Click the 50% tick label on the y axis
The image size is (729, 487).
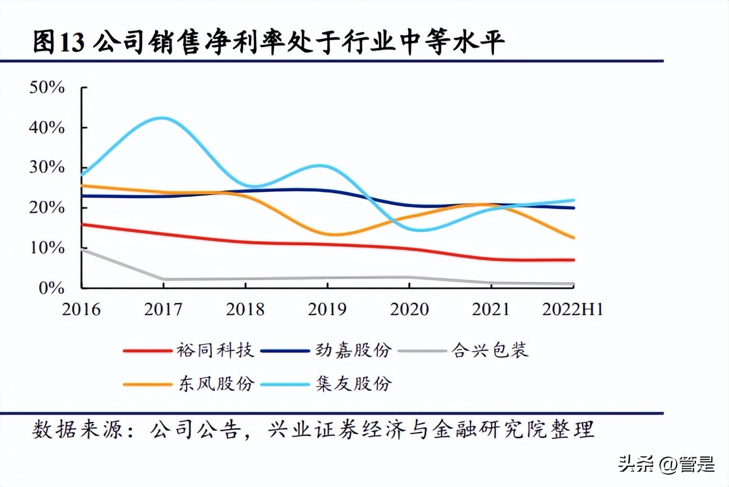point(48,88)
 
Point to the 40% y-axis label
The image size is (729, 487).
point(48,128)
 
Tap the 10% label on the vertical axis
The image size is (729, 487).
point(48,248)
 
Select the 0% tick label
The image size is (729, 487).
point(52,288)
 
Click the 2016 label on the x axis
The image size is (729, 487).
point(81,309)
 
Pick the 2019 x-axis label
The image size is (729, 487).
point(327,309)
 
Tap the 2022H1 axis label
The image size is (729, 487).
point(572,309)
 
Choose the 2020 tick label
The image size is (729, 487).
point(409,309)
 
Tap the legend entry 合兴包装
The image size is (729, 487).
point(490,351)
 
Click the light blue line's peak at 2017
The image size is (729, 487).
point(163,118)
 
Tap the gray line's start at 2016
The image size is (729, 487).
point(82,249)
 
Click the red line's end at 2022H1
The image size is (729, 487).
point(573,260)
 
